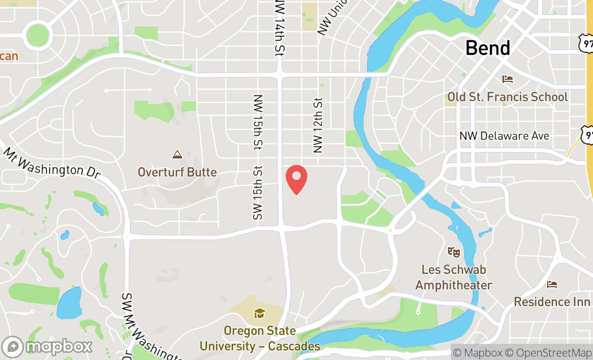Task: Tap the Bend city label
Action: [487, 48]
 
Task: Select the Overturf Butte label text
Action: [177, 172]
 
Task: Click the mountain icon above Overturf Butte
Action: [177, 155]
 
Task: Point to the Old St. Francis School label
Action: [507, 97]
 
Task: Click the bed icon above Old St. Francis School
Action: [507, 79]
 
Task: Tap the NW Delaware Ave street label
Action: [504, 136]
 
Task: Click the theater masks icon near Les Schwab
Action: [454, 252]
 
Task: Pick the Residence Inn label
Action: [552, 302]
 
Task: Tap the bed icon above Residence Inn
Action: [552, 284]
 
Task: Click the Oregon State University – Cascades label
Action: [260, 338]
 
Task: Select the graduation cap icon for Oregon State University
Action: [260, 313]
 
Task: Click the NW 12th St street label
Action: [318, 125]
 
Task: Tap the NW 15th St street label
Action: [258, 122]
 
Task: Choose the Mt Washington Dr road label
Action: [52, 163]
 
